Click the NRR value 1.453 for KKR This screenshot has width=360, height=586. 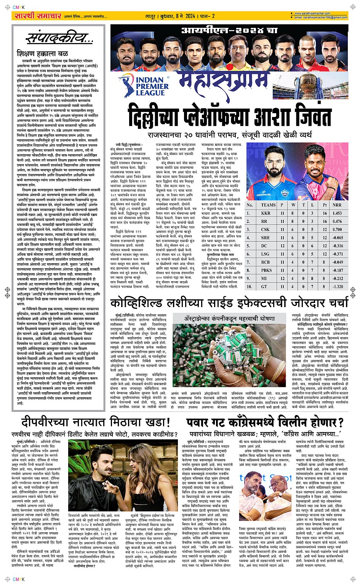click(337, 213)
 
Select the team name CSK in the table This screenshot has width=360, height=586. click(266, 230)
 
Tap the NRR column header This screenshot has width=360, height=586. click(337, 205)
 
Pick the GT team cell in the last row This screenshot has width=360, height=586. click(266, 287)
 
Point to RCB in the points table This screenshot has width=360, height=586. click(266, 262)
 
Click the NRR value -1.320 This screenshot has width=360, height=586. click(337, 287)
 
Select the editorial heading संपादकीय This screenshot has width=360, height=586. click(59, 38)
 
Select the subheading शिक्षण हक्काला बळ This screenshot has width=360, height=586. click(42, 54)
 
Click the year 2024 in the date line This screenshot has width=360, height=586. click(190, 16)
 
